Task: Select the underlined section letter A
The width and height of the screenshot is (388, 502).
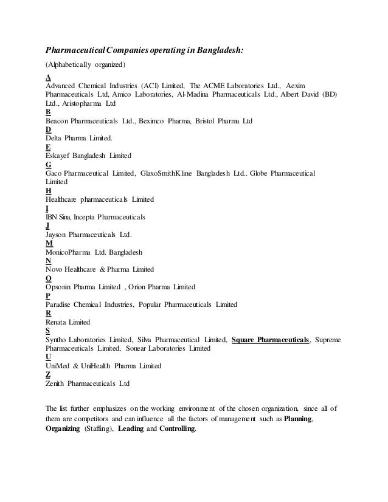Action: tap(49, 78)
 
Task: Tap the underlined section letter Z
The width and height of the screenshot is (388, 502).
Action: tap(49, 374)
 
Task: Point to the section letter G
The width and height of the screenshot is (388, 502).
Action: tap(49, 165)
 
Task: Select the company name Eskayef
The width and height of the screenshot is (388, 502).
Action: tap(61, 156)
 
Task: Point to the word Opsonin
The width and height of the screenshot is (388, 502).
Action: tap(61, 287)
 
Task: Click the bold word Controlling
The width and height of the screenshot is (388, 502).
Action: tap(178, 429)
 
